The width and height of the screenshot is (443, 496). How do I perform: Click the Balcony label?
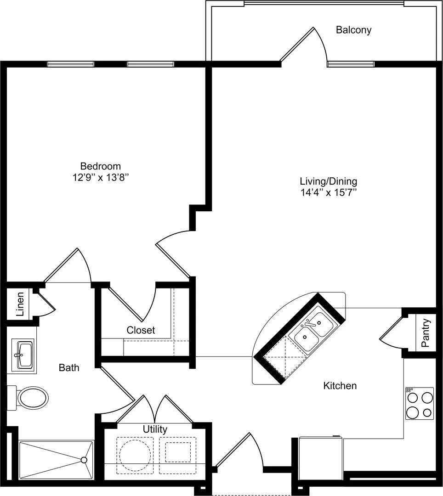pos(353,30)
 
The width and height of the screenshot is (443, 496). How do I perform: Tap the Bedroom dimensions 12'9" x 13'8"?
pos(101,177)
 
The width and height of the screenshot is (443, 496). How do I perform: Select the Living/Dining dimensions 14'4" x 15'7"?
pos(329,192)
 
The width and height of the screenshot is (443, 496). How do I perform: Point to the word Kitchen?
pos(340,386)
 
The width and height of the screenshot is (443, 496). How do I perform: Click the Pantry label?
pos(426,333)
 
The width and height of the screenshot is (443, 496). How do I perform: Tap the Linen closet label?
pos(20,304)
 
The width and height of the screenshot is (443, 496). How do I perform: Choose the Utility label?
pos(155,429)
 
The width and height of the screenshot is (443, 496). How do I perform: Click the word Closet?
pos(141,330)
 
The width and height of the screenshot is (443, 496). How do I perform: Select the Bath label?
pos(69,367)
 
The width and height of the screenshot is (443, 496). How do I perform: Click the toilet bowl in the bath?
pos(33,398)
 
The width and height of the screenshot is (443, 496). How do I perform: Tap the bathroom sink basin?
pos(25,355)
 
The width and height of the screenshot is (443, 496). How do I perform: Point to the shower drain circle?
pos(84,460)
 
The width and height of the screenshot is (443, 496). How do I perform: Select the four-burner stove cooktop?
pos(419,403)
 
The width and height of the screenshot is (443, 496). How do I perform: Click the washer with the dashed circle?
pos(135,456)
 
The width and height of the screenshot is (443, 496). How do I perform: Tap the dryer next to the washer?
pos(177,456)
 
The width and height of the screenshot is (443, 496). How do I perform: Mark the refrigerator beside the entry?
pos(321,458)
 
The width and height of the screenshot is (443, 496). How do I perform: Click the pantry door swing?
pos(391,332)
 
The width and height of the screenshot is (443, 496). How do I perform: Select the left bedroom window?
pos(71,64)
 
